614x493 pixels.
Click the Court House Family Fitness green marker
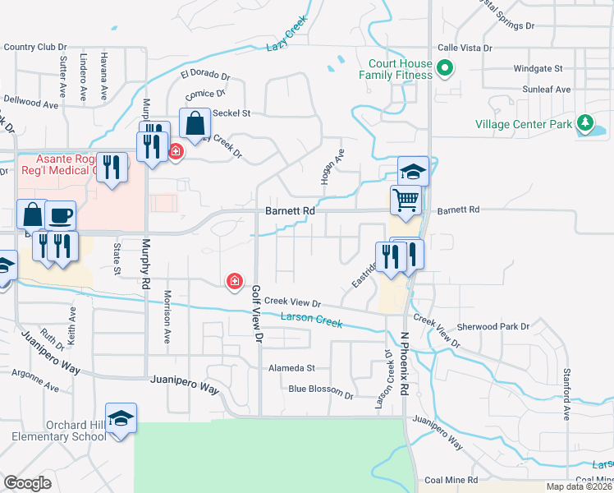click(x=445, y=67)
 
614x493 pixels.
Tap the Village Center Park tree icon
click(x=584, y=123)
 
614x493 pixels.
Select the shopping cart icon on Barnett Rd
click(x=406, y=200)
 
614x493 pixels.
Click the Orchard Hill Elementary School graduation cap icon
click(x=121, y=418)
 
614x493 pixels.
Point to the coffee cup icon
click(x=61, y=216)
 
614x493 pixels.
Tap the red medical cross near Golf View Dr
click(x=235, y=282)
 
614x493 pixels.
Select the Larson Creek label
click(x=311, y=320)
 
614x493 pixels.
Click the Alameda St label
click(x=292, y=369)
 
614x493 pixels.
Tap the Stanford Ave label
click(x=566, y=395)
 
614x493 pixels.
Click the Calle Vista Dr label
click(x=465, y=48)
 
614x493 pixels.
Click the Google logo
click(x=27, y=483)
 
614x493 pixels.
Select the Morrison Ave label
click(x=167, y=316)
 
